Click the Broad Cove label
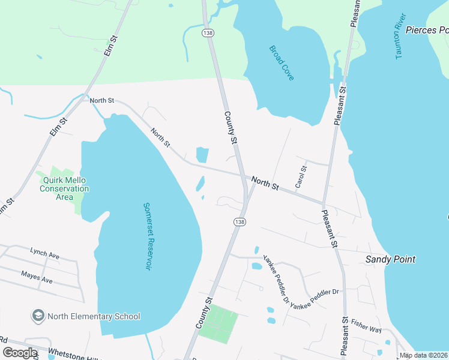click(282, 62)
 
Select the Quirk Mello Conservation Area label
click(64, 185)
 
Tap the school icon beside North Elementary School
click(38, 316)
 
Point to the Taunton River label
click(402, 35)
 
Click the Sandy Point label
click(391, 260)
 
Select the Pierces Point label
click(427, 29)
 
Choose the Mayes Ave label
click(37, 277)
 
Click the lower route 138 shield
click(240, 221)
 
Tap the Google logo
click(20, 353)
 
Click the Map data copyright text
click(424, 355)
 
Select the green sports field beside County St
click(218, 323)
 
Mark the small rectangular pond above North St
click(202, 155)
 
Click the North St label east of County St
click(265, 183)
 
